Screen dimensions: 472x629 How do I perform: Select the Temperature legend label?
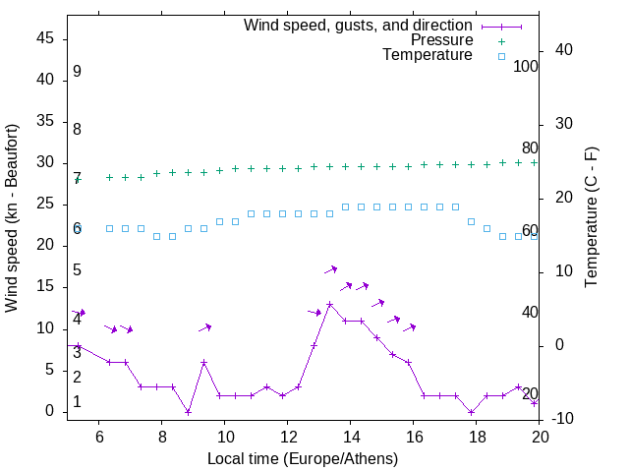coord(428,56)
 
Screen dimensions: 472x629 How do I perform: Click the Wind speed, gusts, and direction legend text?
coord(359,25)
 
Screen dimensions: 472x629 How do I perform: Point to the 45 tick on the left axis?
coord(45,38)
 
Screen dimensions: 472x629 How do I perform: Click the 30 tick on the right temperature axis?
coord(567,124)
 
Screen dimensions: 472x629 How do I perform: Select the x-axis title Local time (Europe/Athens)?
coord(304,458)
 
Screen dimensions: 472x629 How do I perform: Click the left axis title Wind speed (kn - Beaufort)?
coord(12,218)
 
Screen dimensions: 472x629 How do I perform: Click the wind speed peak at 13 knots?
coord(329,305)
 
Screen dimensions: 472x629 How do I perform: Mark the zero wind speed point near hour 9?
coord(188,412)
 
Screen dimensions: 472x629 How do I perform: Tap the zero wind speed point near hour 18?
coord(472,412)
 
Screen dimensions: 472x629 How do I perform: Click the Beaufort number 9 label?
coord(77,72)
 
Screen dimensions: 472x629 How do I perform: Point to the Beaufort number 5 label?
coord(77,270)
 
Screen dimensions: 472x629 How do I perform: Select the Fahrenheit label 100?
coord(526,67)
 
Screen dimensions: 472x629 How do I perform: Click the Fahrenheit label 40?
coord(530,313)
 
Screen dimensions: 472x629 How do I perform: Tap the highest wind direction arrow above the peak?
coord(331,269)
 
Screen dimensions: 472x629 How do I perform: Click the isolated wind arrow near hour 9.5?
coord(204,327)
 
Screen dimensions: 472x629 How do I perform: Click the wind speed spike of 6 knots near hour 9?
coord(203,363)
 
